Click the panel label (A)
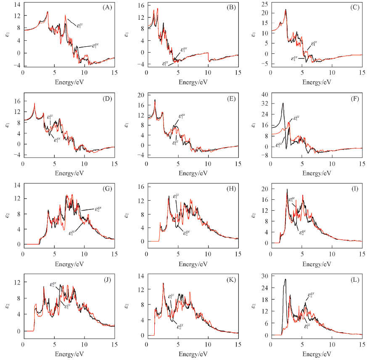[x=107, y=8]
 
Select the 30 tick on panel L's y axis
[x=266, y=275]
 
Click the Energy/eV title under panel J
[x=68, y=352]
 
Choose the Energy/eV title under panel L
[x=316, y=352]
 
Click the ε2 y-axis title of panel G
[x=6, y=215]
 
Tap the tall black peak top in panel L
[x=285, y=279]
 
